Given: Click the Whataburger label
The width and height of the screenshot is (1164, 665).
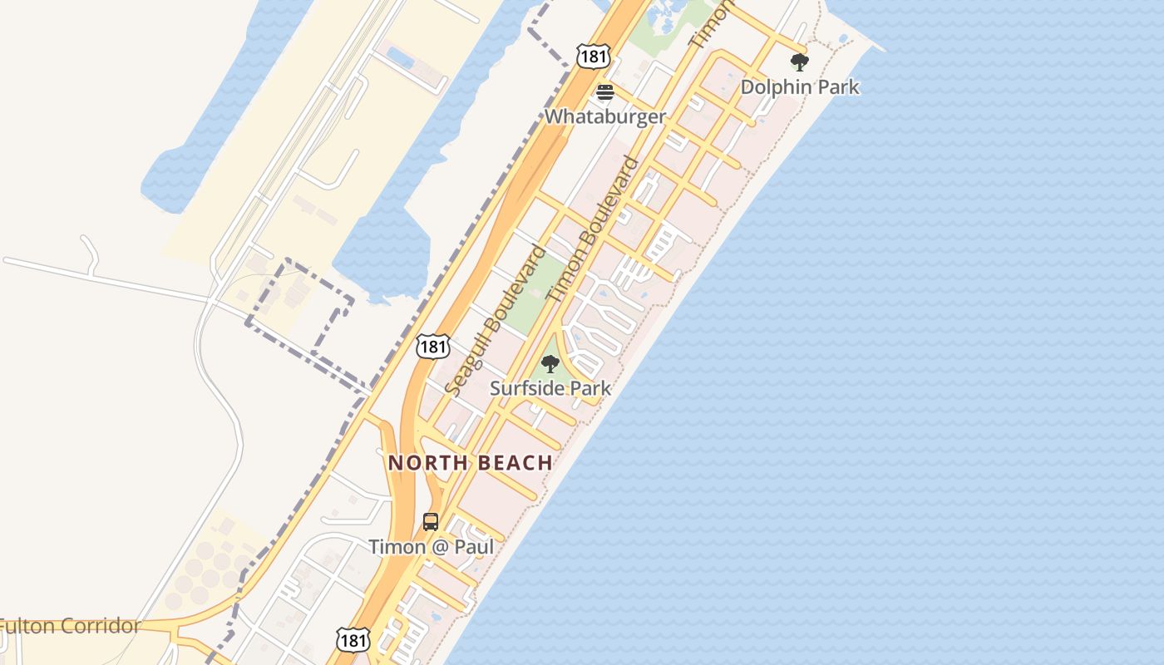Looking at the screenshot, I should (x=604, y=116).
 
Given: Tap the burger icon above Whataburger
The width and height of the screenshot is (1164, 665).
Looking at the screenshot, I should (x=604, y=92).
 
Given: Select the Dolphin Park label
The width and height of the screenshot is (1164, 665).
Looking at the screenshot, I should (x=799, y=86).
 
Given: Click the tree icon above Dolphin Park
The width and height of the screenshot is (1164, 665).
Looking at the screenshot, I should (x=799, y=62).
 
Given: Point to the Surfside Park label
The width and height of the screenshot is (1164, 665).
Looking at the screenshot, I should (x=550, y=388).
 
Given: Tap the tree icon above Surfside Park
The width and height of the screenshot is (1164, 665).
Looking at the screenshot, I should (x=550, y=364).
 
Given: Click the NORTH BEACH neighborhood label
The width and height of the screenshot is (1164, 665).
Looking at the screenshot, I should (x=470, y=463).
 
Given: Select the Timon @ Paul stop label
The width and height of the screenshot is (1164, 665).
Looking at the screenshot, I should (x=431, y=547).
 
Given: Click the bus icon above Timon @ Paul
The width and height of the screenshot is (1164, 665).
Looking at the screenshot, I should (x=431, y=522).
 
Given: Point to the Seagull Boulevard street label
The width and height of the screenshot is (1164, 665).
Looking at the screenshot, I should (x=496, y=320).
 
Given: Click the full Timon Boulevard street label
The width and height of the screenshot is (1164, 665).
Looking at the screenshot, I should (x=593, y=229).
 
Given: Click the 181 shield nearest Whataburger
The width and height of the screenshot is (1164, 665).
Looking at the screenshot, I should (x=594, y=56).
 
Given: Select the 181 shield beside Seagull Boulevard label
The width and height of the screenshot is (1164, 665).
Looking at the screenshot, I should (x=432, y=346).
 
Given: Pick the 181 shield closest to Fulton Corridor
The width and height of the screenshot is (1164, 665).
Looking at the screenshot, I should (x=353, y=639).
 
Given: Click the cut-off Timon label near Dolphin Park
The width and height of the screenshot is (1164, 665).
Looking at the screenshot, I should (x=712, y=23).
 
